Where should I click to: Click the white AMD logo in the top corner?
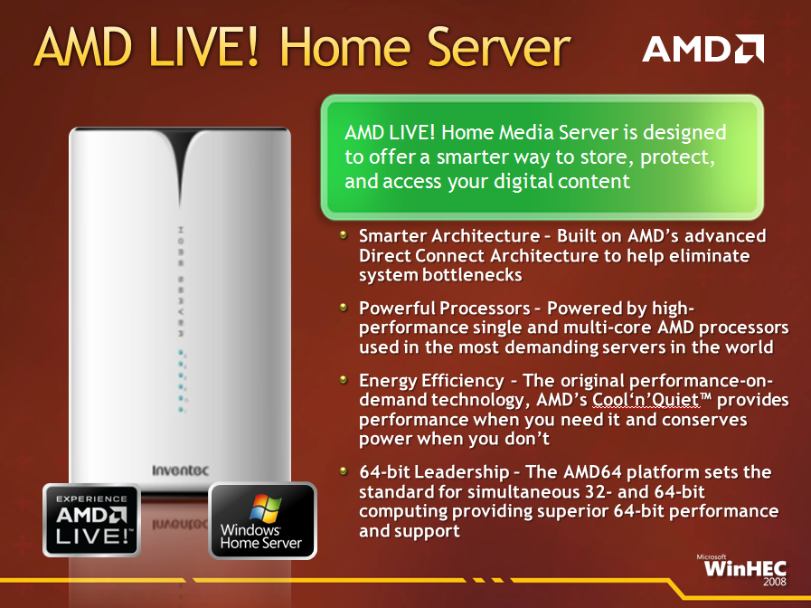click(703, 49)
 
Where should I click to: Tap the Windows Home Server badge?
click(263, 520)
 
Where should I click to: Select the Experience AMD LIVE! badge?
click(91, 520)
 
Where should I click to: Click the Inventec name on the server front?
click(181, 470)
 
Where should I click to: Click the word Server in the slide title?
click(499, 48)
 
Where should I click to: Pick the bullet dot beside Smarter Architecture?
click(343, 235)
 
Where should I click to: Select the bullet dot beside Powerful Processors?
click(343, 308)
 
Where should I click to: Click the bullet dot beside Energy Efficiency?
click(343, 380)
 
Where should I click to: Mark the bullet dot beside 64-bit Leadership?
click(343, 470)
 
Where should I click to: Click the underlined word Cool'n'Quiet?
click(646, 400)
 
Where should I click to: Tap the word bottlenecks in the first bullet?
click(472, 275)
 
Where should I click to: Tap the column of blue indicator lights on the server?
click(182, 380)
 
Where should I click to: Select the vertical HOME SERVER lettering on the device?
click(181, 281)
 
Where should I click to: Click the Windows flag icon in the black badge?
click(265, 508)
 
